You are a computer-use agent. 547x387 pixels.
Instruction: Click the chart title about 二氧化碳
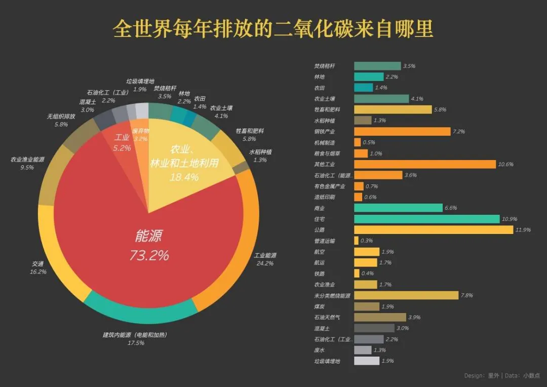click(273, 29)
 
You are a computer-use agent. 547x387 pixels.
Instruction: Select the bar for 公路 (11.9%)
click(433, 230)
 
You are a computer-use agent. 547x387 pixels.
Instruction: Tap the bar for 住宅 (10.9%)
click(426, 219)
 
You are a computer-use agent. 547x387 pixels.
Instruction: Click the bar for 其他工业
click(424, 164)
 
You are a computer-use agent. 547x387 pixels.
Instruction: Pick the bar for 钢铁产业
click(402, 131)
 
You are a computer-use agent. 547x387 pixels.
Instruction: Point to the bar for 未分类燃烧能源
click(406, 295)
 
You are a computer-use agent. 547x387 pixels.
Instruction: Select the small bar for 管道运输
click(356, 241)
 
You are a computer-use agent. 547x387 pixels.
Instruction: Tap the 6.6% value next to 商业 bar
click(451, 208)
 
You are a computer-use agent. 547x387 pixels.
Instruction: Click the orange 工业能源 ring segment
click(238, 243)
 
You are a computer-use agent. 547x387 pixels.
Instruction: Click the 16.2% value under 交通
click(38, 272)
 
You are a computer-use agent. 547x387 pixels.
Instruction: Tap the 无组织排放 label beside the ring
click(61, 117)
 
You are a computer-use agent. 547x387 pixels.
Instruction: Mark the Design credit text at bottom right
click(502, 376)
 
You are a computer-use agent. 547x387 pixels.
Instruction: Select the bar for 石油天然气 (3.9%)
click(380, 317)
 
